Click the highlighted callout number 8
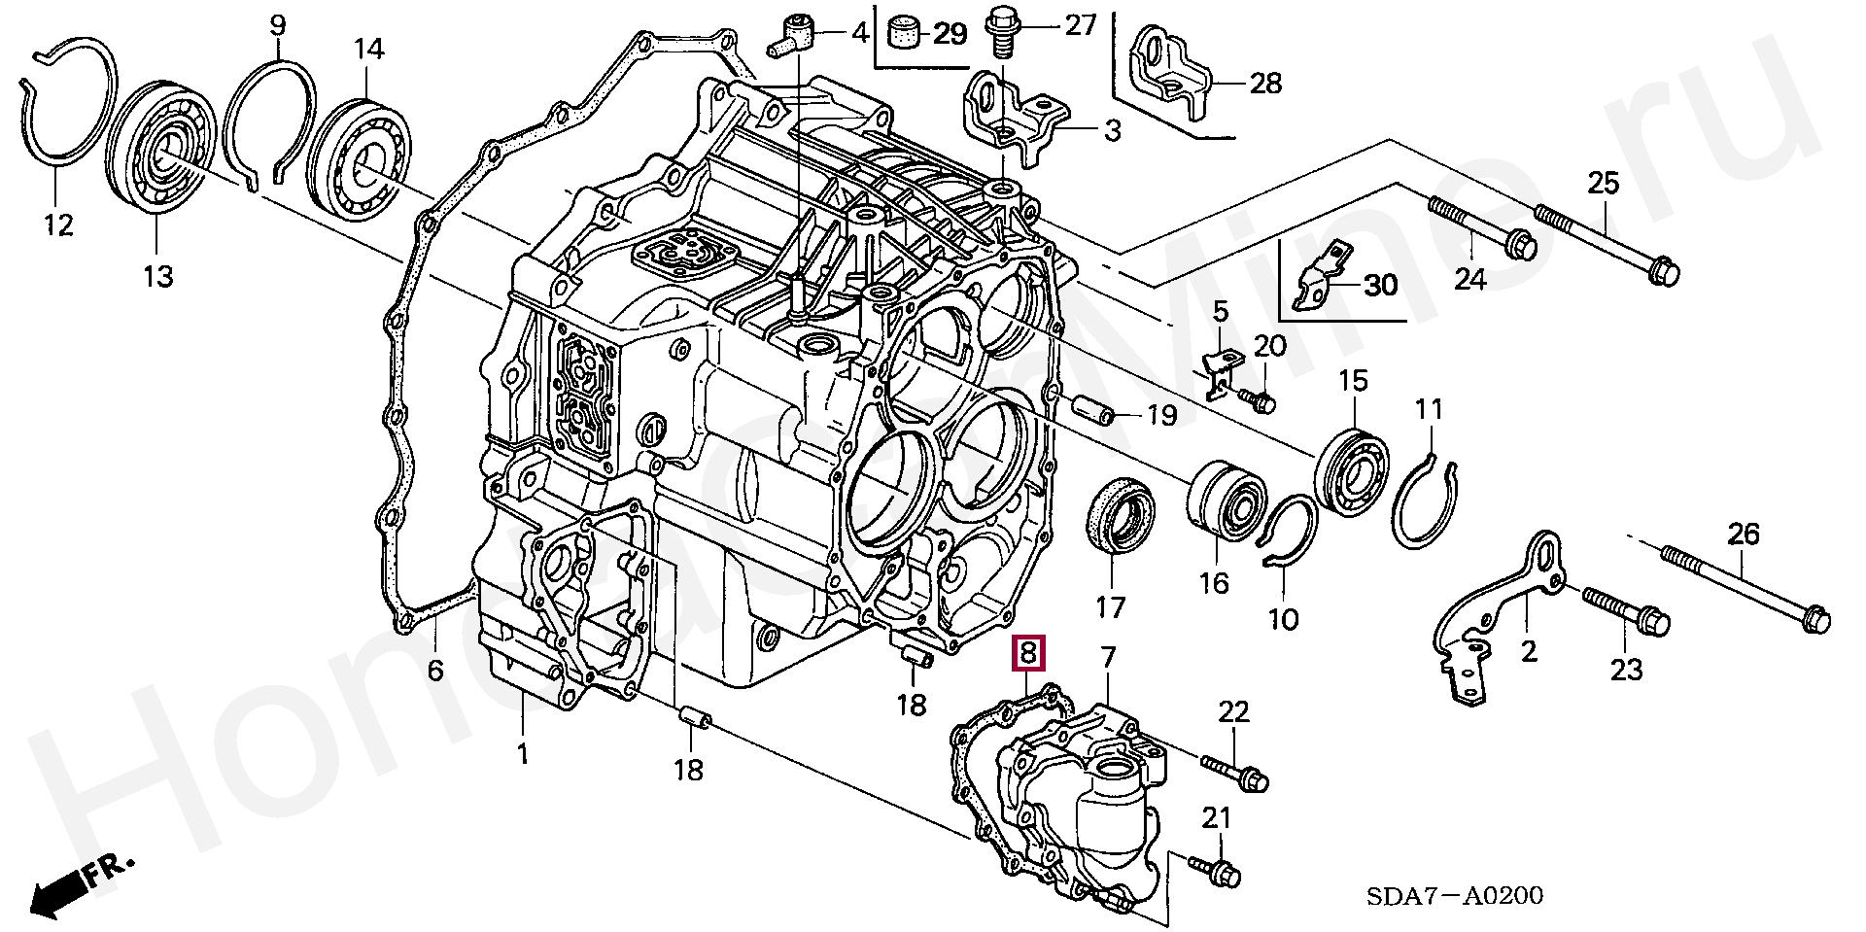point(1028,653)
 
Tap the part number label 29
point(950,34)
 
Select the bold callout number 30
point(1380,285)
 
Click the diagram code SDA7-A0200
point(1454,895)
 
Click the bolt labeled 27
point(1000,34)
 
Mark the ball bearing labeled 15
point(1352,470)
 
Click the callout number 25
point(1604,182)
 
